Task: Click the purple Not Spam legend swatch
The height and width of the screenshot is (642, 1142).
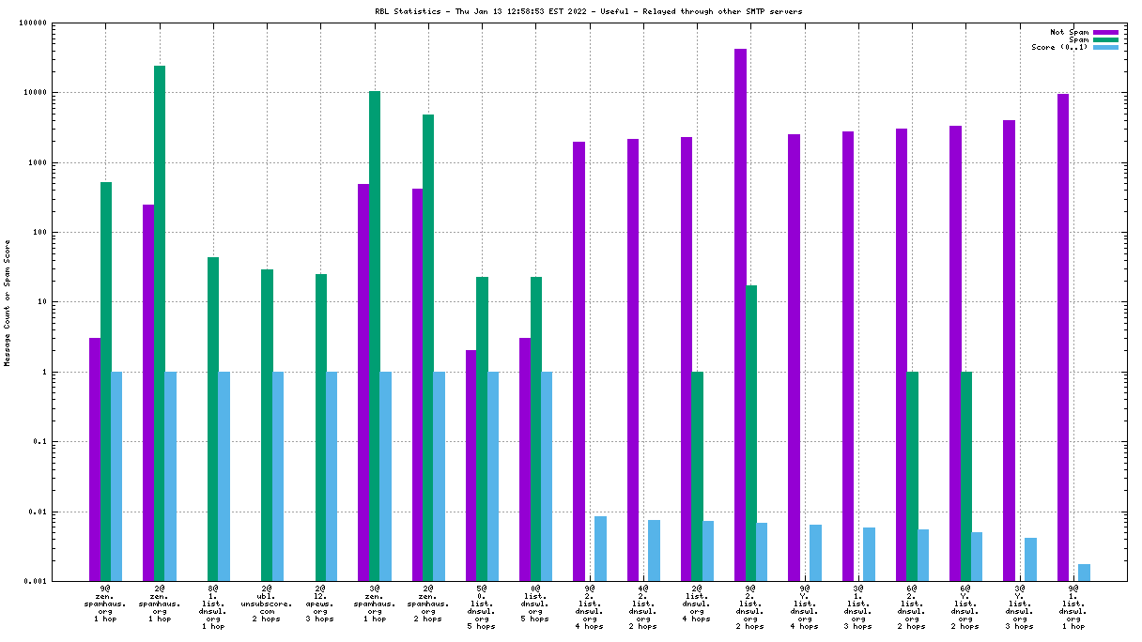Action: tap(1105, 32)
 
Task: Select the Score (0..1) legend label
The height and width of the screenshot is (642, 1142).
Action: tap(1060, 47)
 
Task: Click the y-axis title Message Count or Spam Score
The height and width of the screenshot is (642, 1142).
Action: tap(8, 302)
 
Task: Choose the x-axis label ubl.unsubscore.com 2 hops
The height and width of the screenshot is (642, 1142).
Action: tap(267, 605)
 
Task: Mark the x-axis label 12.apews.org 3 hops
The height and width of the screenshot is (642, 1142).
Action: tap(320, 605)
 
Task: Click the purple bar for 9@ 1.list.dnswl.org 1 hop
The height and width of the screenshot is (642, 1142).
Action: tap(1063, 337)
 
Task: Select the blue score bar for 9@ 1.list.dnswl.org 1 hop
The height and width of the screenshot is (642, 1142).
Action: tap(1085, 573)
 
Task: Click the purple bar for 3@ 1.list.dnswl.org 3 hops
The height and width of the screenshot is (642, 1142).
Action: tap(848, 356)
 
